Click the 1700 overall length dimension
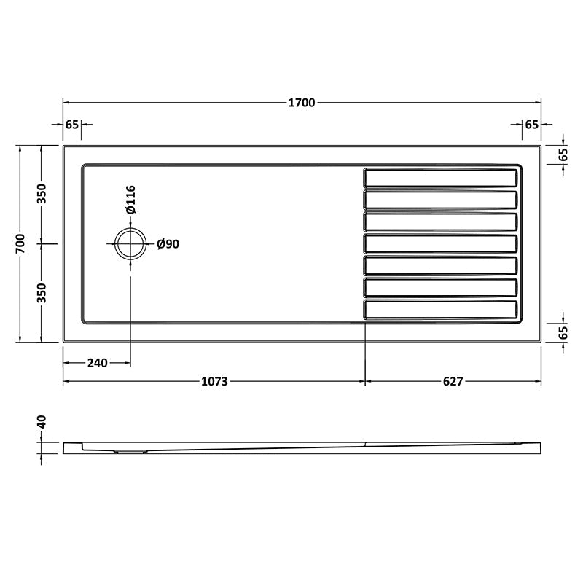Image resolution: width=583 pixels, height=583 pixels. tap(301, 103)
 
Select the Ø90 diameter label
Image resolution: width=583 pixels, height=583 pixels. tap(168, 244)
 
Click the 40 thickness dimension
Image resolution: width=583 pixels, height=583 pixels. tap(42, 422)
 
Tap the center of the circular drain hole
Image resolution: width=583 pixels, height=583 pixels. tap(130, 243)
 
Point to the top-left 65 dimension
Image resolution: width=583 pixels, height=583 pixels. tap(71, 125)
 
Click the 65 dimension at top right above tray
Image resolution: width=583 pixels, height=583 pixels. tap(531, 125)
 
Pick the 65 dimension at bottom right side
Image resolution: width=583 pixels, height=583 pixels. tap(563, 332)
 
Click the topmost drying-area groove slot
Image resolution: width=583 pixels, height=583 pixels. tap(442, 177)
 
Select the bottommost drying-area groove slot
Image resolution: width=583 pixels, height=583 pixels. tap(442, 309)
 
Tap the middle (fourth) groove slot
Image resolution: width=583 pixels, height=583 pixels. tap(442, 243)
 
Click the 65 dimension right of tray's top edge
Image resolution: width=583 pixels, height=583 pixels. tap(563, 154)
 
